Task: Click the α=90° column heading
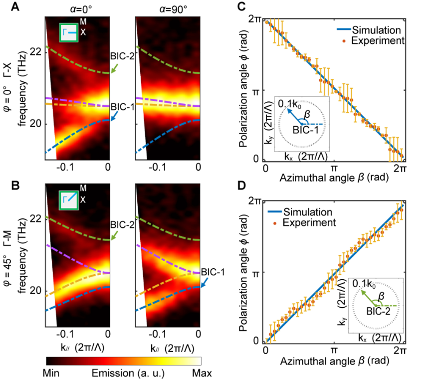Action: [167, 8]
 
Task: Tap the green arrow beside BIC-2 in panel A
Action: [114, 71]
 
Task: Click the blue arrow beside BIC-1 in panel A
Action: [114, 117]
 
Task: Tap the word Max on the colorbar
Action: [203, 373]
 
